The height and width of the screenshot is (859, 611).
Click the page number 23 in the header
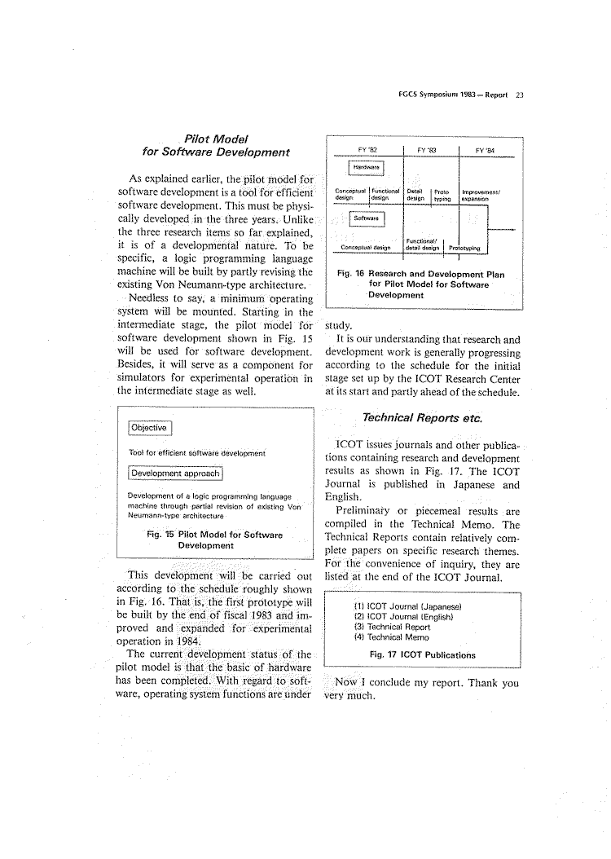(519, 94)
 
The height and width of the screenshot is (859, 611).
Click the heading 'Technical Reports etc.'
(424, 419)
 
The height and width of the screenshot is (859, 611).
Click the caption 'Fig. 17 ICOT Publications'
(423, 654)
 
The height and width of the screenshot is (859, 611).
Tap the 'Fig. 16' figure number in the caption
(349, 274)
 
